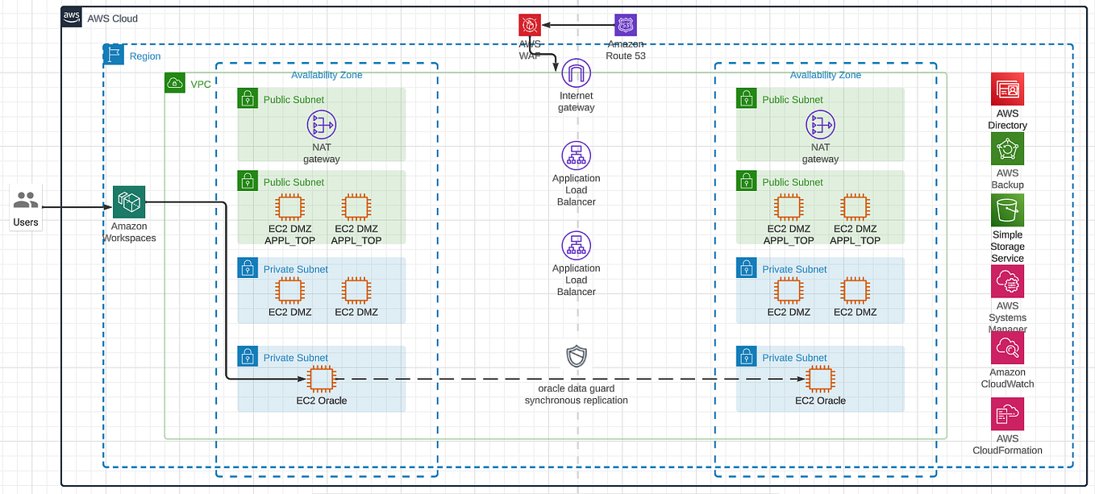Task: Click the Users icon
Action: click(26, 200)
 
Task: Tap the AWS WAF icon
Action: click(529, 25)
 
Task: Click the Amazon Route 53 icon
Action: click(625, 25)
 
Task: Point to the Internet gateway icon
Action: click(576, 74)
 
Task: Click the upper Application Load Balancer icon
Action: click(576, 156)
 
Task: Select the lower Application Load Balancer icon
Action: click(576, 245)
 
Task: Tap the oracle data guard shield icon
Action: click(576, 356)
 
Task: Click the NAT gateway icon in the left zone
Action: click(321, 125)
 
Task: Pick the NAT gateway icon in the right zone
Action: click(820, 125)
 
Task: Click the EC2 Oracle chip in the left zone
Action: click(321, 378)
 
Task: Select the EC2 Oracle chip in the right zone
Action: click(820, 378)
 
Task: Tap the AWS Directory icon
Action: click(1007, 89)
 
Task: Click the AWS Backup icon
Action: click(1007, 149)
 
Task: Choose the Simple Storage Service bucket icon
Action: click(1007, 210)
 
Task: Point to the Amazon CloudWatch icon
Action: click(1007, 347)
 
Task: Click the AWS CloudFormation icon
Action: click(1007, 414)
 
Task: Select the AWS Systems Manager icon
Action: click(1007, 281)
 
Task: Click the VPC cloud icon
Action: click(174, 83)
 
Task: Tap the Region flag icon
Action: click(113, 55)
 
